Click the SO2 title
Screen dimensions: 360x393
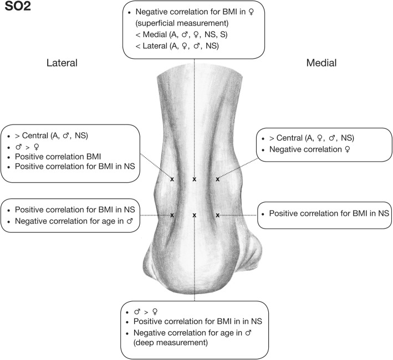coord(21,11)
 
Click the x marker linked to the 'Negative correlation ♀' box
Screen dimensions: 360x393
coord(217,179)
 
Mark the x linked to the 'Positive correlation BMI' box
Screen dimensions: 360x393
coord(172,179)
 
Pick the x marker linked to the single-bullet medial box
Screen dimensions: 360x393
coord(217,215)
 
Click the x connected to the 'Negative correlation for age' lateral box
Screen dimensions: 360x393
coord(172,215)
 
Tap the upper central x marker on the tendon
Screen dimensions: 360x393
coord(194,179)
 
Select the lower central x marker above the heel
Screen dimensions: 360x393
coord(194,215)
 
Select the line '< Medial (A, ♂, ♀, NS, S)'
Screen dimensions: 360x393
coord(189,34)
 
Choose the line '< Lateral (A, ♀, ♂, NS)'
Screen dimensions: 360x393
coord(184,46)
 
